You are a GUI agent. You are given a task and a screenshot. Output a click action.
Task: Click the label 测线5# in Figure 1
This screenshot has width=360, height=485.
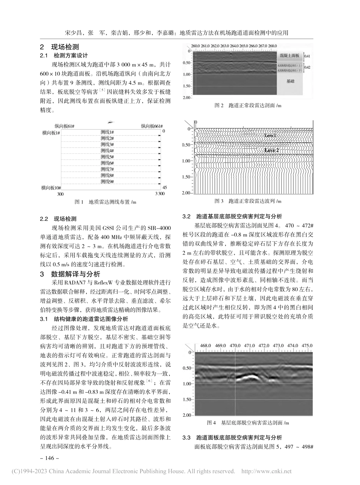click(107, 156)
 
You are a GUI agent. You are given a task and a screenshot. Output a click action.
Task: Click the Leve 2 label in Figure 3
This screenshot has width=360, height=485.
click(271, 150)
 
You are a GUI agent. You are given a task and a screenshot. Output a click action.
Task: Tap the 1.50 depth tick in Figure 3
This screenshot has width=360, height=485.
click(186, 177)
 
